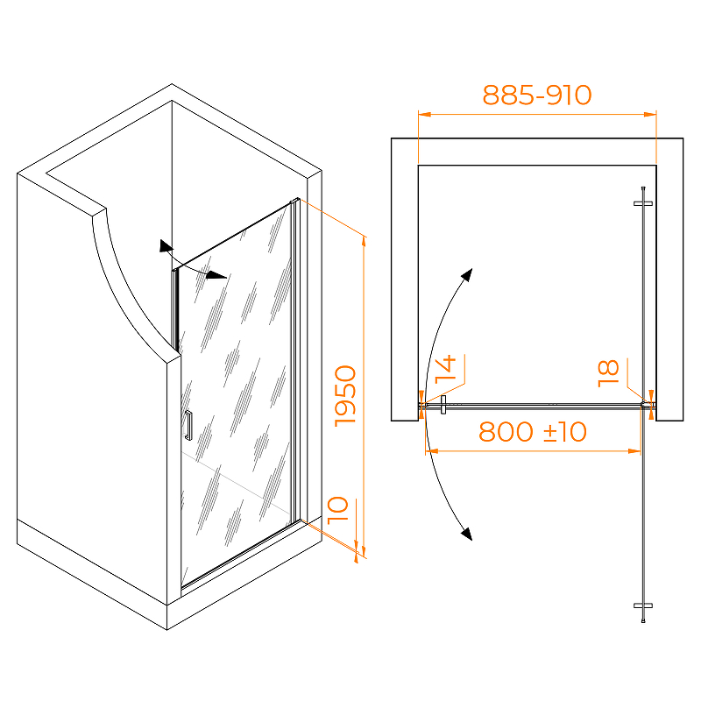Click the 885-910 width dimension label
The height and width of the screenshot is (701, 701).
(x=537, y=95)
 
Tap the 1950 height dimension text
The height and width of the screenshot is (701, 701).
(x=345, y=396)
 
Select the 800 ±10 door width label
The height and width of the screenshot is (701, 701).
(x=533, y=432)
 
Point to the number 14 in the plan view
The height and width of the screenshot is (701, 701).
(x=445, y=369)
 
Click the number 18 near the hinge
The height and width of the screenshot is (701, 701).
(x=608, y=373)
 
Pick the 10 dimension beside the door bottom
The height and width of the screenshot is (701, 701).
(x=338, y=510)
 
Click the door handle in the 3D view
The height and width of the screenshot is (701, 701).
(x=188, y=425)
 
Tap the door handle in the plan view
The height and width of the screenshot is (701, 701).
(x=443, y=405)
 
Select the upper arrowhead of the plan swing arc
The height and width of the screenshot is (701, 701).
(x=467, y=274)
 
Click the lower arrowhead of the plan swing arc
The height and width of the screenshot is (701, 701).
(x=467, y=534)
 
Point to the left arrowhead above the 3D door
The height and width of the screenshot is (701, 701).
(x=166, y=246)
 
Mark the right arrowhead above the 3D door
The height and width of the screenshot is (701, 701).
(x=216, y=275)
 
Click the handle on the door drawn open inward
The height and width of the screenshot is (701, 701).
(x=643, y=203)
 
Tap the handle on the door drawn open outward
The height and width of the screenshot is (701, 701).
(x=643, y=605)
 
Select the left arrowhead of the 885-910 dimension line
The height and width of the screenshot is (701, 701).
(x=424, y=115)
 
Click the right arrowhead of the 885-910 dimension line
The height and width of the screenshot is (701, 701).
(x=650, y=115)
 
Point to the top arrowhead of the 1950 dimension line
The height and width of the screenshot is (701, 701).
(x=364, y=242)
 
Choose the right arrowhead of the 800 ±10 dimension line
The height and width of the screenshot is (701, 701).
(x=634, y=451)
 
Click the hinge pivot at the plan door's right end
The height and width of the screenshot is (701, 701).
(x=644, y=405)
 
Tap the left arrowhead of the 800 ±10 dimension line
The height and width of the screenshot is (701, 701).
(x=431, y=451)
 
